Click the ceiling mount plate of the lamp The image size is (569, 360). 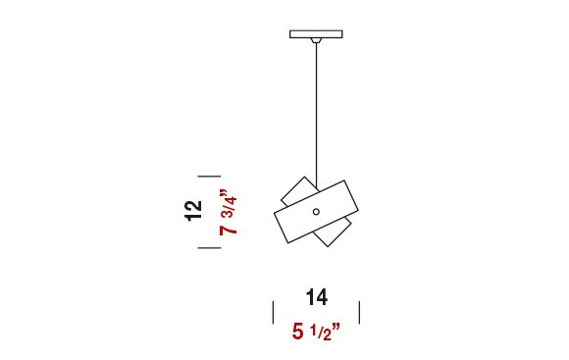coord(316,34)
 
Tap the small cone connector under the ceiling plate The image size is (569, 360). coord(316,40)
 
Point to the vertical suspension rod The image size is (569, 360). coord(317,116)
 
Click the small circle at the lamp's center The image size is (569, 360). coord(316,212)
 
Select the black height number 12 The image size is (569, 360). coord(193,210)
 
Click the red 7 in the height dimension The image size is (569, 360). coord(229,231)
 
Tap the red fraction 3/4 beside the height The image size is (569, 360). coord(230,207)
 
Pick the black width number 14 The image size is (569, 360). coord(317,297)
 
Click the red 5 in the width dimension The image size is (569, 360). coord(298,332)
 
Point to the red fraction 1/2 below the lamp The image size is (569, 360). coord(321,333)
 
